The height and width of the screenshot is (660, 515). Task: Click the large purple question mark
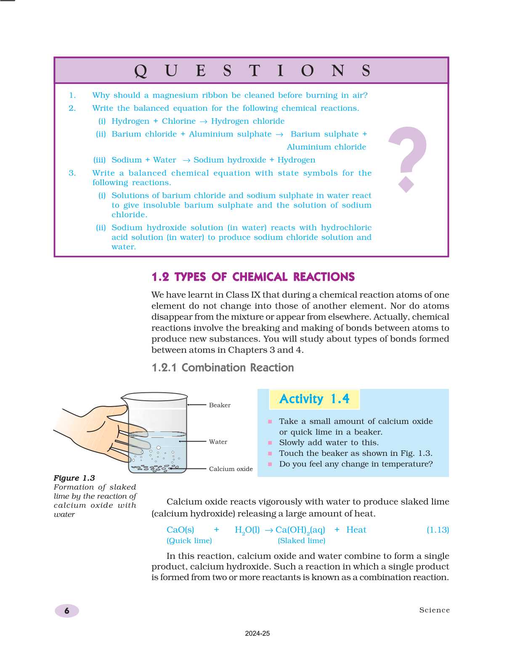[x=407, y=156]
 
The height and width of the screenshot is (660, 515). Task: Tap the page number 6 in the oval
[x=67, y=611]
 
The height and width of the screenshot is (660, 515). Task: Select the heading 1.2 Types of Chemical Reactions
[x=253, y=277]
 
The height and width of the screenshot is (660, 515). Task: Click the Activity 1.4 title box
[x=314, y=399]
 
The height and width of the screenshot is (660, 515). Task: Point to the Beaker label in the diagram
[x=220, y=405]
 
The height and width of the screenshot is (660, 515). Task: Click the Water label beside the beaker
[x=218, y=442]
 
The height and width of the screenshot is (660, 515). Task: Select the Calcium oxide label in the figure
[x=231, y=469]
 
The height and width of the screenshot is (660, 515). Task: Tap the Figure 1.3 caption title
[x=74, y=478]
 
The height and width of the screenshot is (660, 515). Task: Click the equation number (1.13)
[x=438, y=530]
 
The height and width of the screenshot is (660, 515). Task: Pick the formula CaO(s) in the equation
[x=180, y=530]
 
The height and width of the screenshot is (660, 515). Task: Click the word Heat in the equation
[x=356, y=530]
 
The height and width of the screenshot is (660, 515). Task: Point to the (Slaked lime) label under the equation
[x=301, y=541]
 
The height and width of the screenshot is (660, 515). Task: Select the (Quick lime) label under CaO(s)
[x=189, y=541]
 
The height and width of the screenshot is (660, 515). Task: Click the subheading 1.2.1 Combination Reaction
[x=223, y=368]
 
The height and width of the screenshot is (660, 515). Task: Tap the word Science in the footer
[x=434, y=610]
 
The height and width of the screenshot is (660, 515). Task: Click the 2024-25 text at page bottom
[x=257, y=633]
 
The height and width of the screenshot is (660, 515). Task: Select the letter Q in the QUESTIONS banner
[x=141, y=71]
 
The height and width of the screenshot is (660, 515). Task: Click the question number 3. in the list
[x=72, y=173]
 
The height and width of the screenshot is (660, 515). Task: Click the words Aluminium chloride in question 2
[x=326, y=147]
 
